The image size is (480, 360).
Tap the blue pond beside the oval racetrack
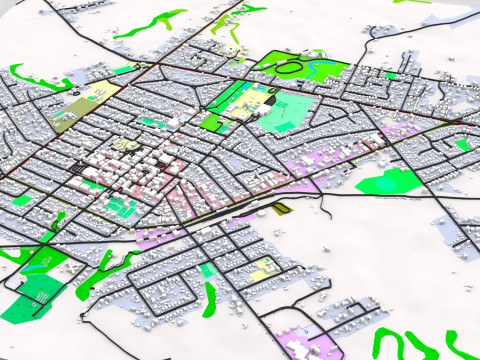tap(322, 70)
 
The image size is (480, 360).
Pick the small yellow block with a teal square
tap(265, 268)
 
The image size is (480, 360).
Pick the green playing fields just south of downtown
tap(121, 206)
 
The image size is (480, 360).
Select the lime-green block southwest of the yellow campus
tap(212, 122)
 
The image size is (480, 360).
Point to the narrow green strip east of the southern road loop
tap(210, 295)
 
